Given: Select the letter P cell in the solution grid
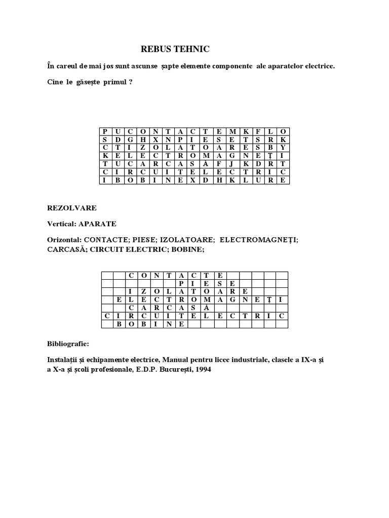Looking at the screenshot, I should [181, 283].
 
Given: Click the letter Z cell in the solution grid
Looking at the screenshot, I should [143, 291].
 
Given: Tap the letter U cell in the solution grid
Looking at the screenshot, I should [156, 316].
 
